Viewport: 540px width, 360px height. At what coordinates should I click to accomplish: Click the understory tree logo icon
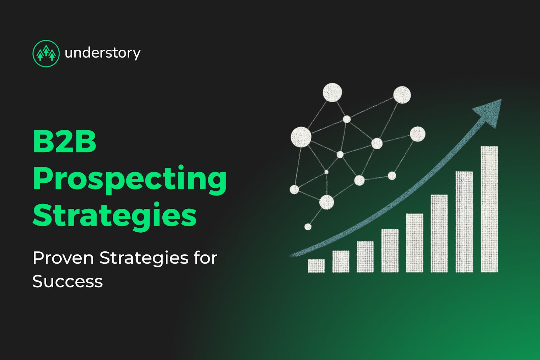(46, 53)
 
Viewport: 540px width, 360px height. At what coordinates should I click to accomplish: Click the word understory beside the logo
(102, 53)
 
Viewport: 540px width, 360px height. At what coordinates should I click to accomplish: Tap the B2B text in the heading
(64, 142)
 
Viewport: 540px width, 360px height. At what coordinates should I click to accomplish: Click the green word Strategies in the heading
(114, 215)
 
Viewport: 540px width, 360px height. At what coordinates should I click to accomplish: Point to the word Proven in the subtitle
(63, 258)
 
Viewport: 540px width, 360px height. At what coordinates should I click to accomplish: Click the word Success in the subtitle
(67, 282)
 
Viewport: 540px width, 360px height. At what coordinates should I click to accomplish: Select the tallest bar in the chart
(489, 209)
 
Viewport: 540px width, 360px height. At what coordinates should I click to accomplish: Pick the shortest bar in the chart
(316, 266)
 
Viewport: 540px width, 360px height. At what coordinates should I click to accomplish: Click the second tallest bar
(464, 222)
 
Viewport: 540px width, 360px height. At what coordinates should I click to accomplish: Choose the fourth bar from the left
(390, 251)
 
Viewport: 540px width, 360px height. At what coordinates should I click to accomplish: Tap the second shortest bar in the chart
(341, 261)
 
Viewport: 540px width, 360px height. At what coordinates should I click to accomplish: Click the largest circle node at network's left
(301, 137)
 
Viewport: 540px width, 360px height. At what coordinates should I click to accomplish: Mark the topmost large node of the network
(332, 92)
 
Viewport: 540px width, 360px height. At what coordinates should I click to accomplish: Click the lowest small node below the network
(308, 227)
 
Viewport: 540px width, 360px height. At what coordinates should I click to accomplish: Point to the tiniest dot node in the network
(326, 172)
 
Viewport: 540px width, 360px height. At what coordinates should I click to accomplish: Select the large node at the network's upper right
(402, 95)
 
